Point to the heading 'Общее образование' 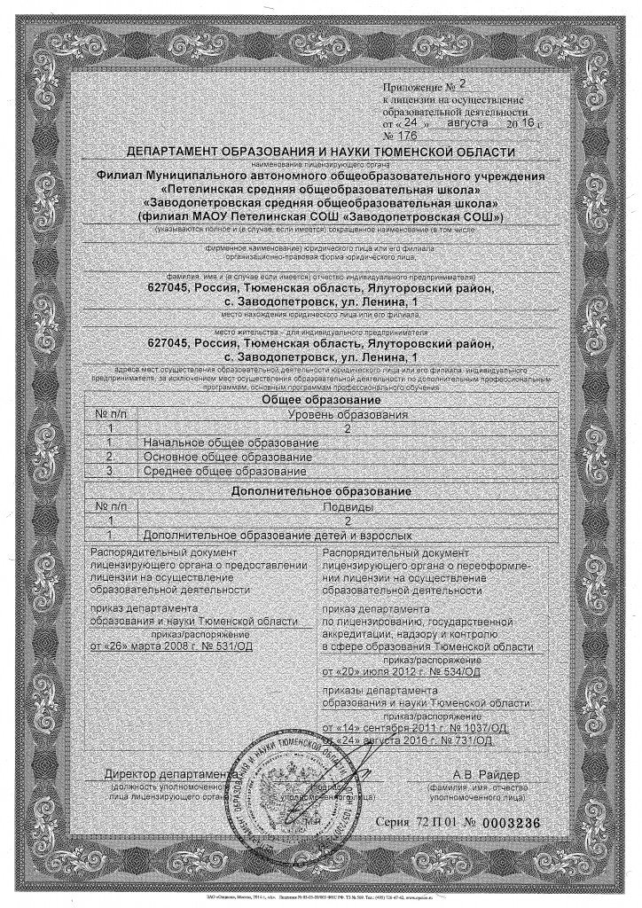click(x=320, y=400)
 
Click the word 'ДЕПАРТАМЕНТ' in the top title click(x=177, y=153)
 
